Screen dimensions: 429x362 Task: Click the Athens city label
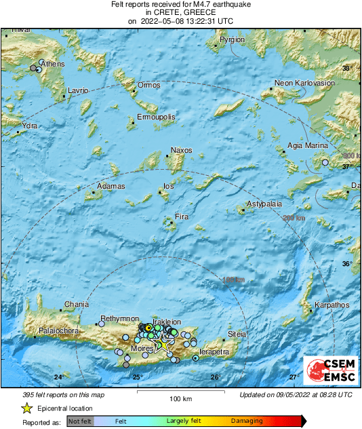(54, 64)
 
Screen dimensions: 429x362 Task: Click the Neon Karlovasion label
(304, 83)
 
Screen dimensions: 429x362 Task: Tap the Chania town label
(76, 304)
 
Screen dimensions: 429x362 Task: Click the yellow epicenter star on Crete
(163, 344)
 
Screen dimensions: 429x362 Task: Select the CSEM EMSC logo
(330, 371)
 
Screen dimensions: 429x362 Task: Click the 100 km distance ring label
(233, 279)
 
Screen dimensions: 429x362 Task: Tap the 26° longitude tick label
(216, 377)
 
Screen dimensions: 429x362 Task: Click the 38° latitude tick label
(347, 69)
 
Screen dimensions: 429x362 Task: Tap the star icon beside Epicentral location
(26, 408)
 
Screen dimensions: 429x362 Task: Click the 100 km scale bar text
(181, 398)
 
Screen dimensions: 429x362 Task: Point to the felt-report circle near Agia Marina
(325, 163)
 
